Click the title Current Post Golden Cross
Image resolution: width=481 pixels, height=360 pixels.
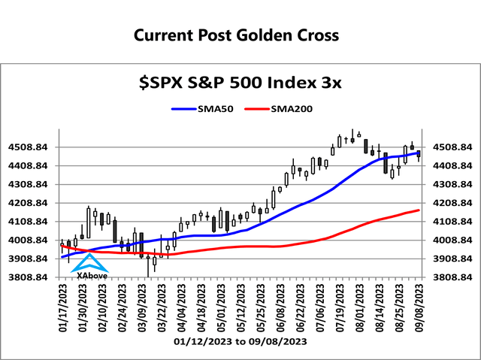[x=236, y=35]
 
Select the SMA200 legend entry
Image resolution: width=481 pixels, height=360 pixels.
[x=286, y=108]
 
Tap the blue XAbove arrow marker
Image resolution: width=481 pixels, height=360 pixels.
[x=89, y=263]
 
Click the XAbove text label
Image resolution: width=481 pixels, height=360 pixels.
[x=92, y=275]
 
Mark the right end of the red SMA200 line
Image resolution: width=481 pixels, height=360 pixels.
[x=418, y=210]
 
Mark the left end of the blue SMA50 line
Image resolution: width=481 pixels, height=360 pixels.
[x=62, y=257]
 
